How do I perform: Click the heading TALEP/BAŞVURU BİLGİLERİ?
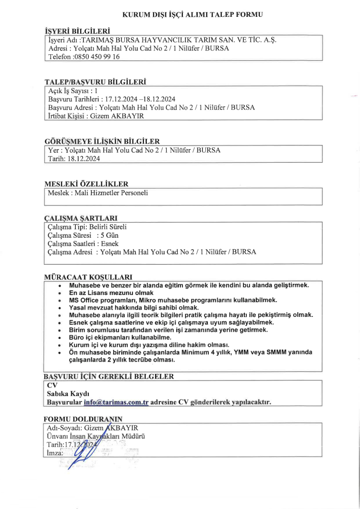(95, 82)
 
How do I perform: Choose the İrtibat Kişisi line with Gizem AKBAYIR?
(96, 116)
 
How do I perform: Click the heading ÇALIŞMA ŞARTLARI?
(81, 218)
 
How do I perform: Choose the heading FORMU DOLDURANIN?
(83, 419)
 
